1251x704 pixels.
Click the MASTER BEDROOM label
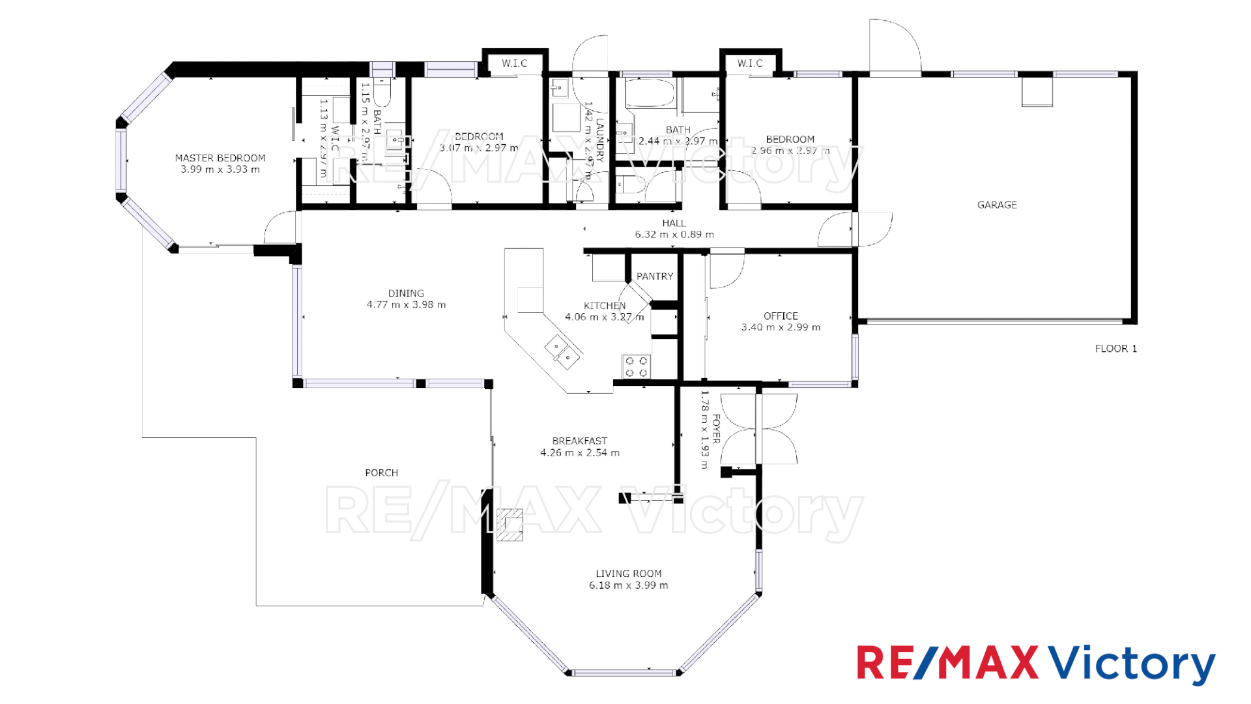[220, 158]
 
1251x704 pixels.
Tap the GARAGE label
[997, 205]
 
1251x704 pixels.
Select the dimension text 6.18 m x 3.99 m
[628, 585]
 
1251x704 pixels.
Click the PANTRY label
[655, 276]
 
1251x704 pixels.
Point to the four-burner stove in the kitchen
[636, 366]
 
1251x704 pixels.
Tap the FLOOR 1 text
[1115, 349]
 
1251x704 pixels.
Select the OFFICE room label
[781, 316]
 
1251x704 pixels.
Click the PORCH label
[381, 473]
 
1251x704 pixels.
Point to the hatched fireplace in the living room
[510, 525]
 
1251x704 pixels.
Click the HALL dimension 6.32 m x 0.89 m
[674, 235]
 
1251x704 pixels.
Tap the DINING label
[406, 293]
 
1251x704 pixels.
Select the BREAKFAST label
[579, 441]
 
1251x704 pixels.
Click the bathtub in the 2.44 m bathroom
[650, 94]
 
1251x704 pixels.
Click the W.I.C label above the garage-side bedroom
[750, 63]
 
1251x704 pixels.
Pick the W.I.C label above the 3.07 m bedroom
[514, 63]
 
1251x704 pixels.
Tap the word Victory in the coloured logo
[1131, 664]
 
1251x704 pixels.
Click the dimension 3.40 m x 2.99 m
[781, 327]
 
